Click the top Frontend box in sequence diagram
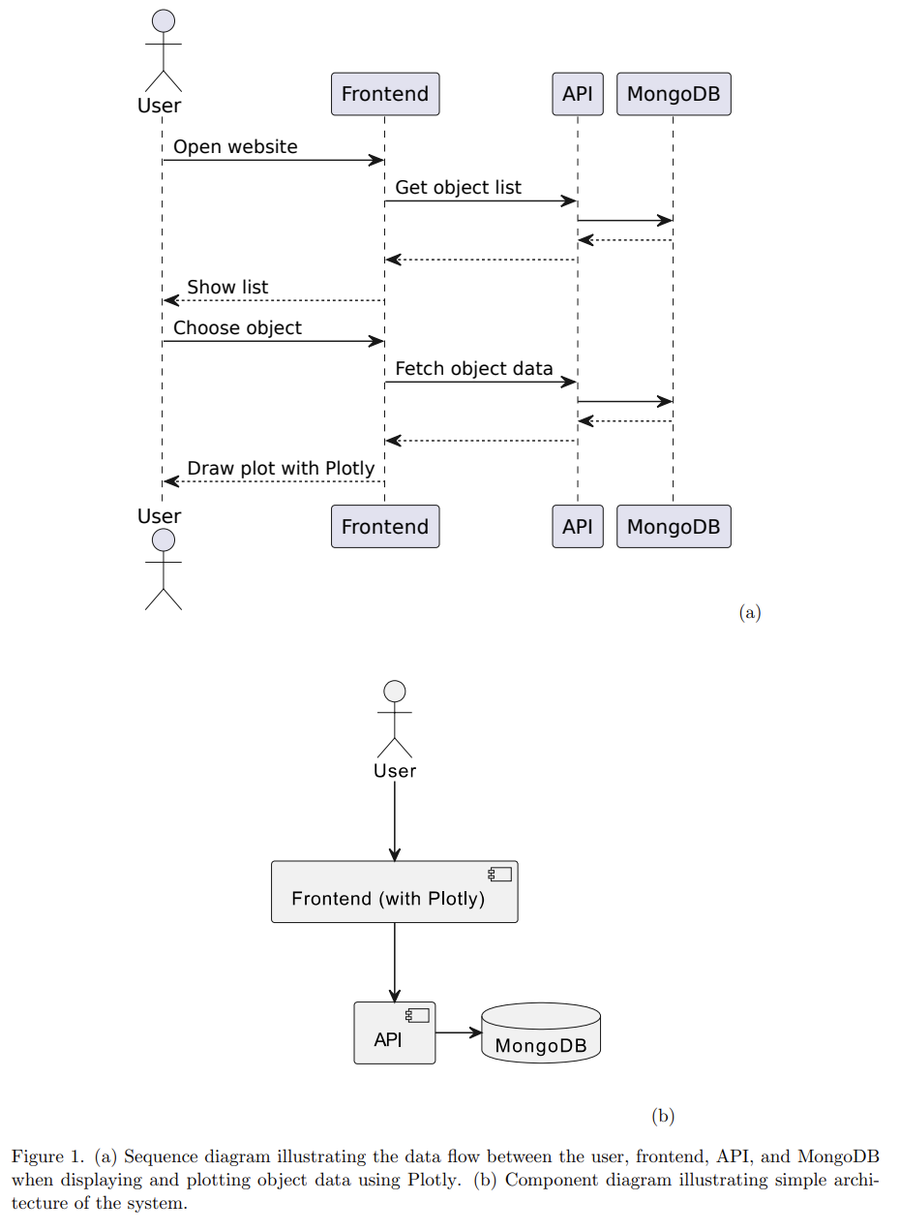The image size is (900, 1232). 385,94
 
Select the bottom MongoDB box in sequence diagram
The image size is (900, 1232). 674,527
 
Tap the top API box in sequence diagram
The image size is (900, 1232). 577,94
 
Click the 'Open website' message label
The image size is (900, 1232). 235,147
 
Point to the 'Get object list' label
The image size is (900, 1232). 458,188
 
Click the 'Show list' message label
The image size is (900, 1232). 227,288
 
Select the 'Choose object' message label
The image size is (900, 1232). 237,328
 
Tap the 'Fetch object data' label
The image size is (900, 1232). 474,369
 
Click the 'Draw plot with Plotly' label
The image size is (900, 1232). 281,469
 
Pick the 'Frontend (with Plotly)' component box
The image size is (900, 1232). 394,892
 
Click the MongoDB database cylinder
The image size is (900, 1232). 541,1033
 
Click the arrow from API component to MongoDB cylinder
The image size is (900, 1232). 458,1032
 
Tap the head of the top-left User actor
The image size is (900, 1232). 164,21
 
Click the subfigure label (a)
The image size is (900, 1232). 750,612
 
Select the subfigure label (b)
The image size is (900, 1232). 663,1116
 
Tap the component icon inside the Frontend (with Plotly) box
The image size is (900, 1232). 500,875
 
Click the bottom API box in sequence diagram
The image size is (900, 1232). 577,527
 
